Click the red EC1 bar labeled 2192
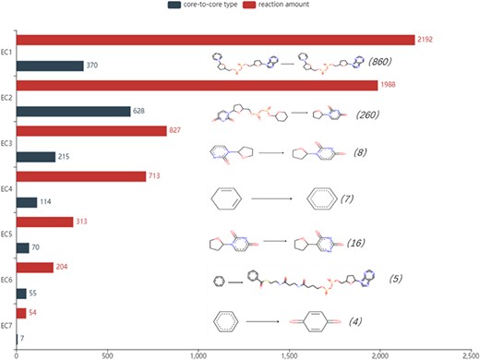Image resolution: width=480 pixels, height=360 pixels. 212,40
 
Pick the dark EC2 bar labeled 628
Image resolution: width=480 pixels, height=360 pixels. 73,111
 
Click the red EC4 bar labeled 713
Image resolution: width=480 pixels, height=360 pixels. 81,175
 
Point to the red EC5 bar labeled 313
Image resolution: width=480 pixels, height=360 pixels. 44,222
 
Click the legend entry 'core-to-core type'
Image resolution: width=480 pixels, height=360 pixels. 200,6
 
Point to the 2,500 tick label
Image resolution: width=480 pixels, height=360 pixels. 467,354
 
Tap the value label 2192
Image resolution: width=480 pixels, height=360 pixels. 425,41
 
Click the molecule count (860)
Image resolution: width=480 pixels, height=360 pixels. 381,63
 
